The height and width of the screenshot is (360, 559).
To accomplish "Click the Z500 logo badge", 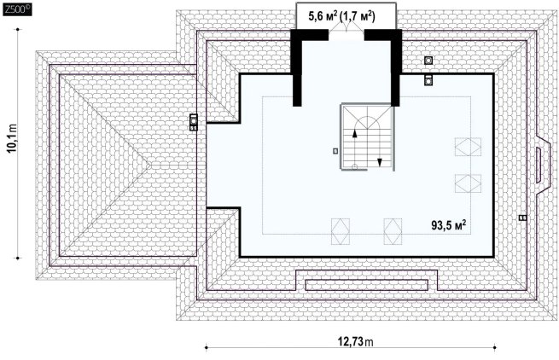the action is point(17,9).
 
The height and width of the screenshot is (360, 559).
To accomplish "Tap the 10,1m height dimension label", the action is point(13,138).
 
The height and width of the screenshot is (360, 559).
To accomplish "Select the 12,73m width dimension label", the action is point(355,342).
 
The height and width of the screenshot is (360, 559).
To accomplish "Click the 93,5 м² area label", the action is point(449,225).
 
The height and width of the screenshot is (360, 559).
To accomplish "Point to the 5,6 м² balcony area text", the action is point(323,16).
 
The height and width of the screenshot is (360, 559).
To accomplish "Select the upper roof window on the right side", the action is point(468,148).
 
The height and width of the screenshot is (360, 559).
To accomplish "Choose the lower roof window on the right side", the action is point(468,183).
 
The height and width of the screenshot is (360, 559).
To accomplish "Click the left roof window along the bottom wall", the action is point(341,232).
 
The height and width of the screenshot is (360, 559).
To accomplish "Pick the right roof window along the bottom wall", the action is point(393,232).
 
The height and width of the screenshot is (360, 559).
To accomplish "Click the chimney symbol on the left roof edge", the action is point(194,122).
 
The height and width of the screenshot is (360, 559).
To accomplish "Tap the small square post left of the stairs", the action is point(335,151).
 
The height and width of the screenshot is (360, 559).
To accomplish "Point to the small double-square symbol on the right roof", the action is point(522,218).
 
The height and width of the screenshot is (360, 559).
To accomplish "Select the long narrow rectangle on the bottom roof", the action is point(366,285).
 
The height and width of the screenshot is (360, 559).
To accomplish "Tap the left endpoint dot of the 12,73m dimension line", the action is point(206,347).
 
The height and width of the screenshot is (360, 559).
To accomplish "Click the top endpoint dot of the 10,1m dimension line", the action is point(18,29).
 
